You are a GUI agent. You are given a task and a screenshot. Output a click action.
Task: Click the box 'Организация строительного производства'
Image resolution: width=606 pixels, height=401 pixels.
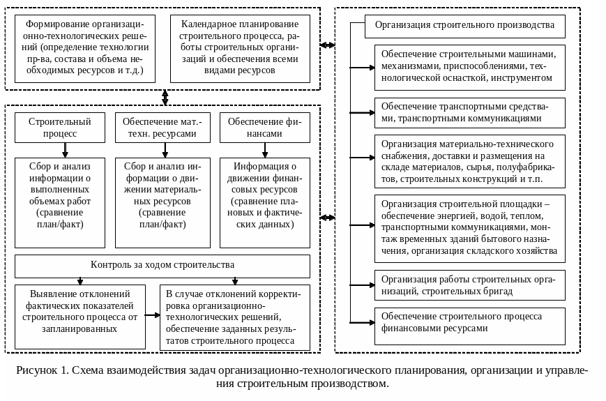[x=465, y=26]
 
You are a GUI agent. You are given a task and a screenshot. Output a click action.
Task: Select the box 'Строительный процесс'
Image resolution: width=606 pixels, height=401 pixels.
[x=60, y=128]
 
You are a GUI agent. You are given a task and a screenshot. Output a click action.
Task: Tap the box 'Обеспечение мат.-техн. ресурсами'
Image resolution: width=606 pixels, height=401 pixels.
[x=162, y=128]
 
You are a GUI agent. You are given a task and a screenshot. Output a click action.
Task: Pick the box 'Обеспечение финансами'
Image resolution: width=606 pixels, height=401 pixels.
[x=264, y=128]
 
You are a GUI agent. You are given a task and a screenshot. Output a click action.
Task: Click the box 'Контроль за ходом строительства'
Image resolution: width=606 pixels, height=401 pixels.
[x=162, y=266]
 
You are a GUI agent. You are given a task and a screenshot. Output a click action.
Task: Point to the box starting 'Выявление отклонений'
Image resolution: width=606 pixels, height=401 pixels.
[x=80, y=317]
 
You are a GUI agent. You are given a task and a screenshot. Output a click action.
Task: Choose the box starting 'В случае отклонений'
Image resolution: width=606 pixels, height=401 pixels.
[x=234, y=317]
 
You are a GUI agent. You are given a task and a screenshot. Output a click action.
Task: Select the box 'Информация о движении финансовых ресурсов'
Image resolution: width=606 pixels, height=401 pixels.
[x=264, y=202]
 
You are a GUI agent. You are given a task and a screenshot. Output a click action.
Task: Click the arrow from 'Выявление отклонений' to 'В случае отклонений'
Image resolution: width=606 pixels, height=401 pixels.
[x=153, y=315]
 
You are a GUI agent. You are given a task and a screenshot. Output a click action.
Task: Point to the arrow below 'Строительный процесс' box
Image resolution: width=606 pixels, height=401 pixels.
[x=65, y=151]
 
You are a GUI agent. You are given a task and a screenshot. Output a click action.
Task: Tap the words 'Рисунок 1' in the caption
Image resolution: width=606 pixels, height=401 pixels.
[x=42, y=370]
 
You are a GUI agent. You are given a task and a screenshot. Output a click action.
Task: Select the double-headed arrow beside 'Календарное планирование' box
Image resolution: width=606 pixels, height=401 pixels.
[x=327, y=45]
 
